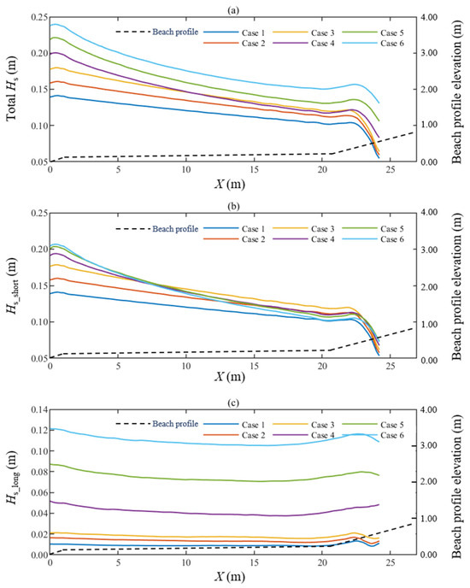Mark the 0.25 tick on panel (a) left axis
pyautogui.click(x=34, y=17)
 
